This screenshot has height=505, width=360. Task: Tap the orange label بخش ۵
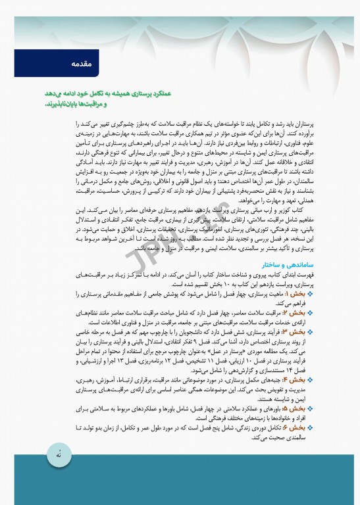pyautogui.click(x=298, y=407)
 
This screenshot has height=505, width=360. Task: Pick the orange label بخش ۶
pyautogui.click(x=298, y=428)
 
